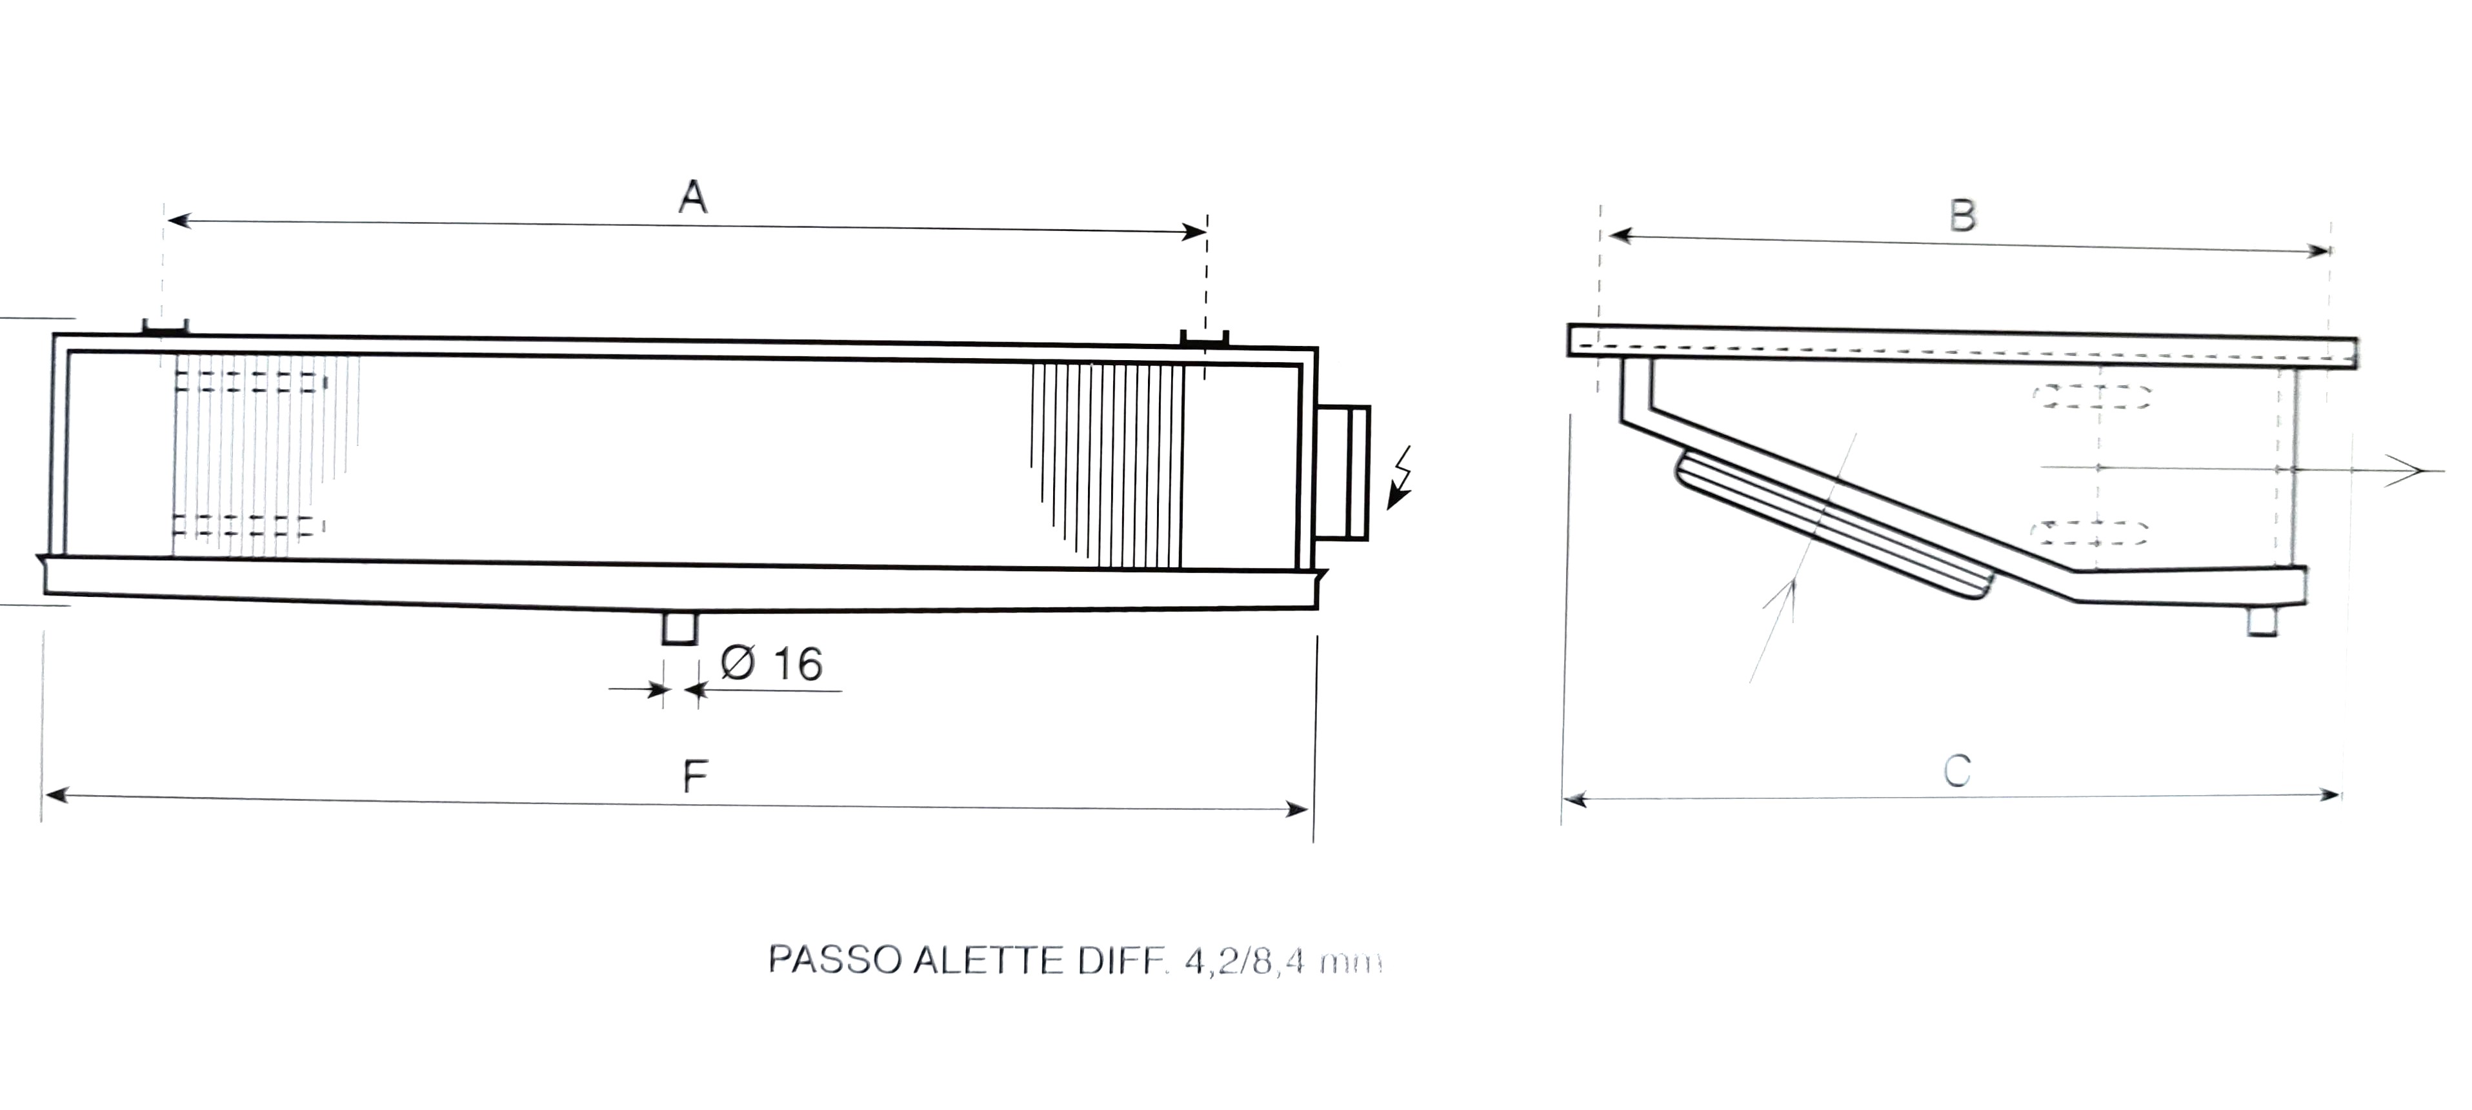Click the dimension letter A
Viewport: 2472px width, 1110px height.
coord(693,197)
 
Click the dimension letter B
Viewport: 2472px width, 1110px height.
coord(1962,215)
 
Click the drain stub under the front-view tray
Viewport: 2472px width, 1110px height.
coord(679,629)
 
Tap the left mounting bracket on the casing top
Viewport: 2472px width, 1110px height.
coord(165,327)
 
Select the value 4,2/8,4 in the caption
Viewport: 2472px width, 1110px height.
coord(1245,962)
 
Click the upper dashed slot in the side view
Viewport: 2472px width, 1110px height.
coord(2092,396)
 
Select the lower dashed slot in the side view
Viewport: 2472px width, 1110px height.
coord(2092,532)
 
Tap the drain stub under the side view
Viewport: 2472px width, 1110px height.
coord(2262,621)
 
